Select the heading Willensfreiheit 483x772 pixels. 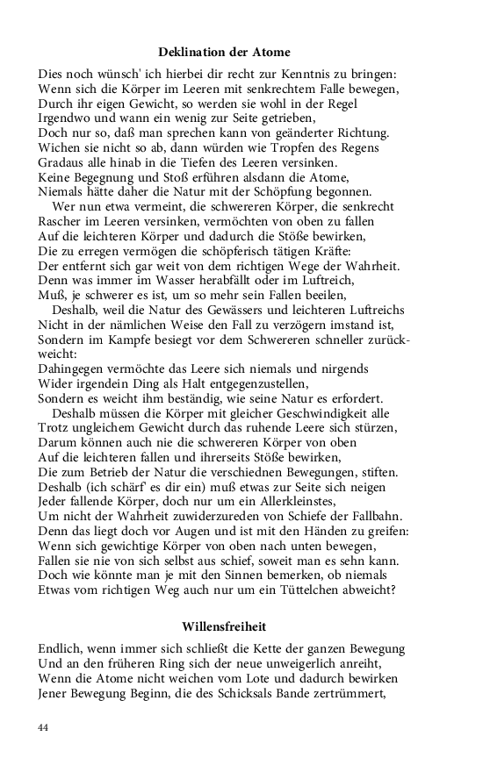[x=224, y=626]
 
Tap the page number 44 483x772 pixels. [x=45, y=727]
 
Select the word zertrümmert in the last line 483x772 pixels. [x=355, y=691]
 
